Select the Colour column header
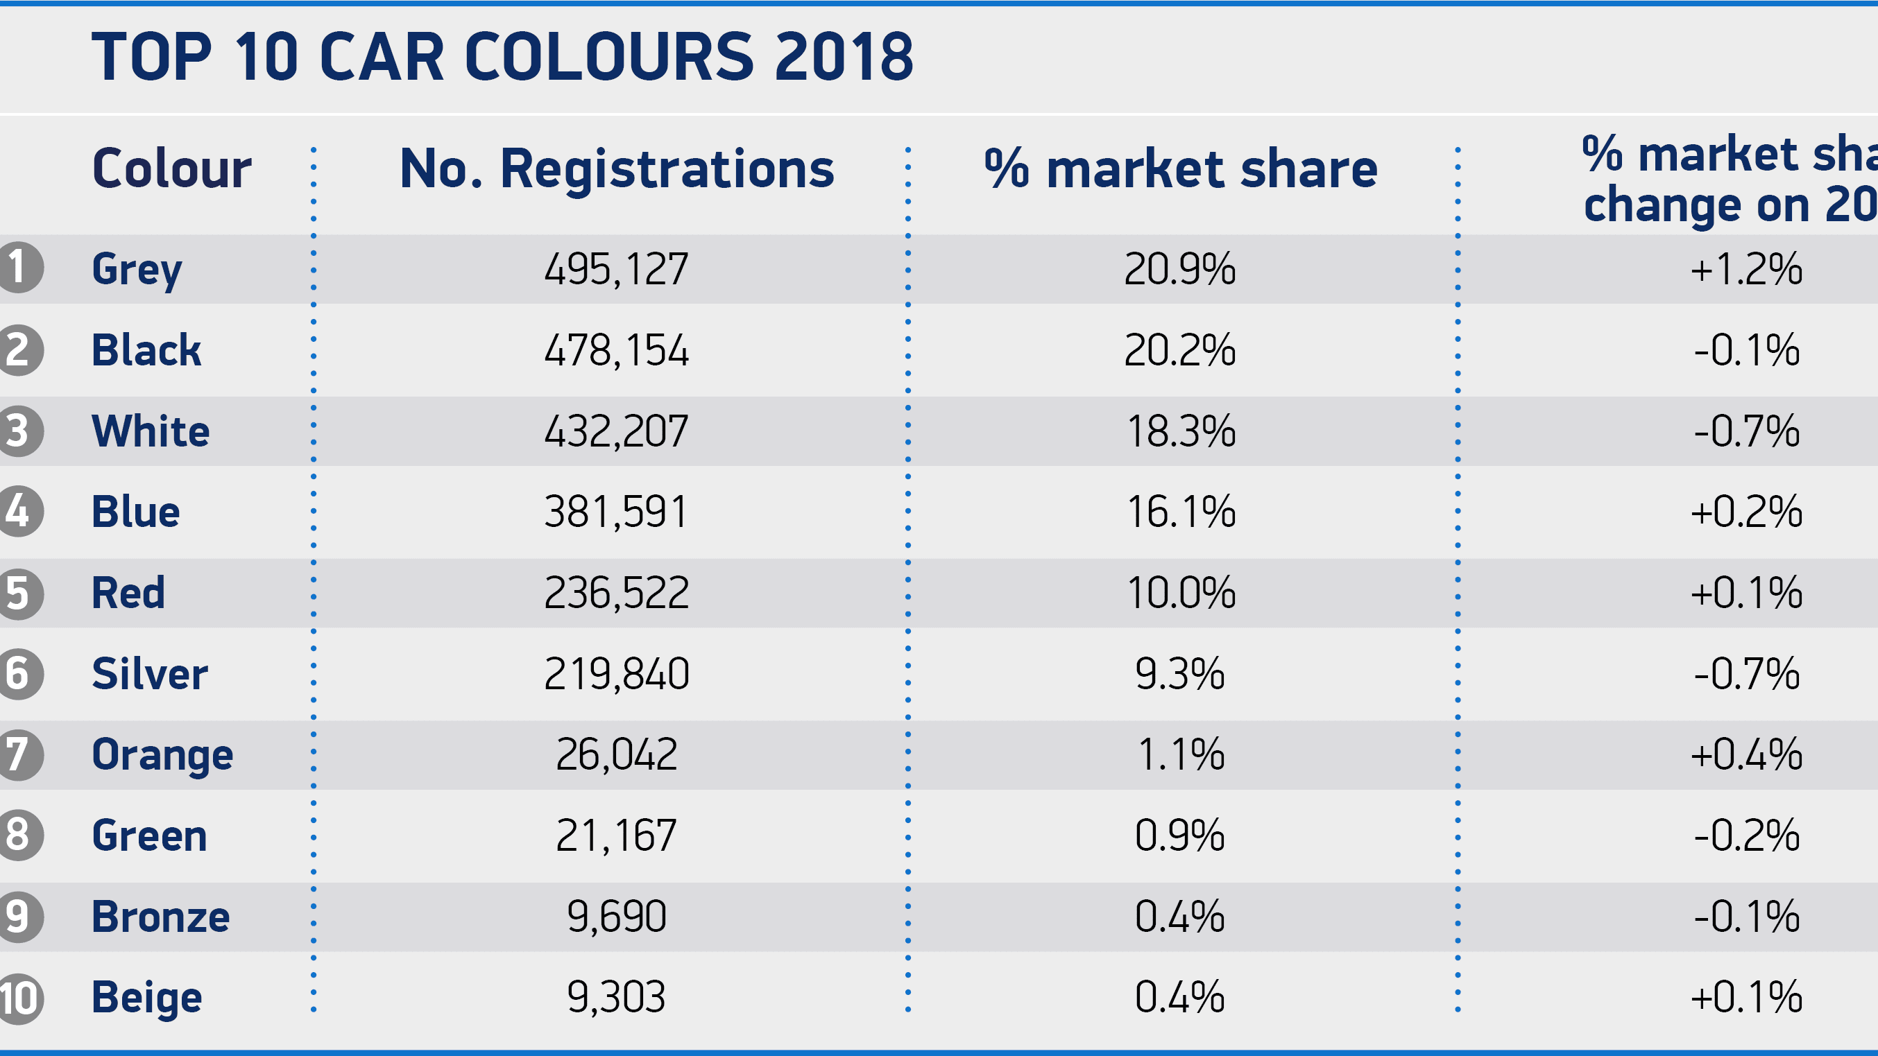[x=172, y=169]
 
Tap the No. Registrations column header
[x=617, y=169]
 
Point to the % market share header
[x=1180, y=169]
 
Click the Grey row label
[x=137, y=269]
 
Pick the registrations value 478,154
[x=616, y=351]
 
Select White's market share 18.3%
[x=1180, y=431]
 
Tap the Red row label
[x=128, y=593]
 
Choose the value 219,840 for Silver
[x=616, y=674]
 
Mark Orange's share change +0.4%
[x=1746, y=754]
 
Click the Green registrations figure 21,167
[x=616, y=836]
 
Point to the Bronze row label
[x=160, y=917]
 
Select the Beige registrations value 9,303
[x=616, y=997]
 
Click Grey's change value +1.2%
[x=1746, y=269]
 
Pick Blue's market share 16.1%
[x=1180, y=512]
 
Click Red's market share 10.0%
[x=1180, y=593]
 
